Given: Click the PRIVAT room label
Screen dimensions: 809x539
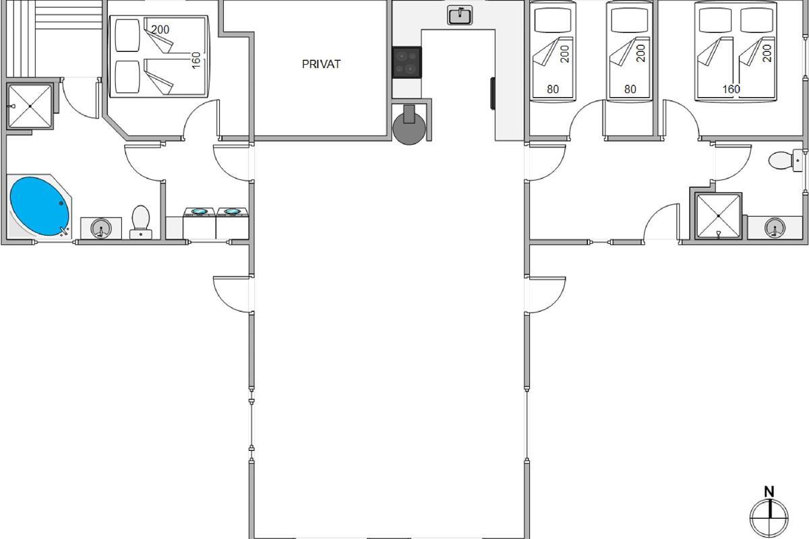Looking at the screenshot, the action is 321,64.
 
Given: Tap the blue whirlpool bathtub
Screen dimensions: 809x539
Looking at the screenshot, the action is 39,206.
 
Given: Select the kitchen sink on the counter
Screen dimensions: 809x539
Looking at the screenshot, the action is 460,15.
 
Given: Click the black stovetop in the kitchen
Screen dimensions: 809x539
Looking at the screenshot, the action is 407,63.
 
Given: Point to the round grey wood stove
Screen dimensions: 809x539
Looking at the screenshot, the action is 409,128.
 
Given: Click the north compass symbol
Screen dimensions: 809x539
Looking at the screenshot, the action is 769,517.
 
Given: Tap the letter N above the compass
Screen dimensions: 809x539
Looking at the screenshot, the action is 769,492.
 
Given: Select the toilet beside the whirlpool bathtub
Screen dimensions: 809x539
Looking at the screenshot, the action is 141,222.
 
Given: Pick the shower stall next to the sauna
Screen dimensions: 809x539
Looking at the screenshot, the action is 30,106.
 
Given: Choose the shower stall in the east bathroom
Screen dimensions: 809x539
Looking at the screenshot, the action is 719,216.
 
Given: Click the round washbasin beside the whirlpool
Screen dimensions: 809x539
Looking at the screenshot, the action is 100,228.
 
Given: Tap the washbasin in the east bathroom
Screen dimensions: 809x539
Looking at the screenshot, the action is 775,228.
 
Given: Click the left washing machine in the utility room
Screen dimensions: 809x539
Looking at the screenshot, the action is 200,223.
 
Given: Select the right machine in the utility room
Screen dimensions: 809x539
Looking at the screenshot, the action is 232,223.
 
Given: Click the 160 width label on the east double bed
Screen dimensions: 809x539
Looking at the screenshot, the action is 731,89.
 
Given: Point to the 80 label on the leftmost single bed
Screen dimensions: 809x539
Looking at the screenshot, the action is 553,89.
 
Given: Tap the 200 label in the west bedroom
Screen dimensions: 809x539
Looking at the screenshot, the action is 160,30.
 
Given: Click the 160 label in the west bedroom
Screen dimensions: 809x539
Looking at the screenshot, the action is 196,61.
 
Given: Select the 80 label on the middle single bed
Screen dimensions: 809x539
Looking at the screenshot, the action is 630,89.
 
